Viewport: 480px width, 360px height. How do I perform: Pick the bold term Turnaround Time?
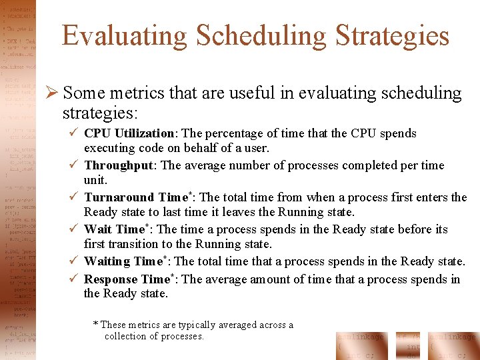point(137,197)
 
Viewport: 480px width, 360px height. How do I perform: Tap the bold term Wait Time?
point(114,229)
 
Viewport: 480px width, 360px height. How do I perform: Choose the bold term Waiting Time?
point(123,261)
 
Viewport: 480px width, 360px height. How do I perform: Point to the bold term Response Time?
point(127,279)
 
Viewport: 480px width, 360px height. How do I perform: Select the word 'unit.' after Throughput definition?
point(95,181)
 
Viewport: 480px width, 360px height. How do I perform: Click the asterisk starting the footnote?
point(95,325)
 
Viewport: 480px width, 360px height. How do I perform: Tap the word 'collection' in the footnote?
point(127,337)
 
